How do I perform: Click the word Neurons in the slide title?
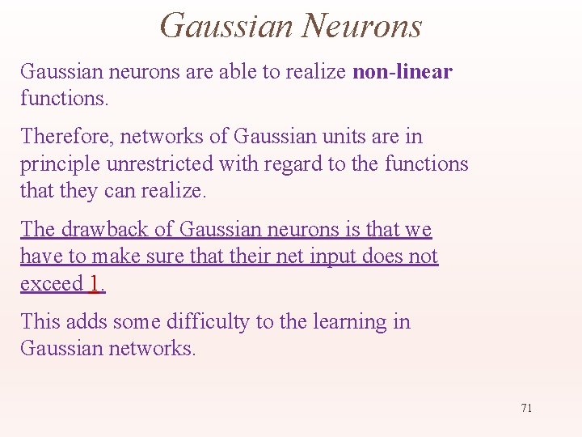tap(361, 26)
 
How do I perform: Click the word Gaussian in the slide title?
tap(226, 26)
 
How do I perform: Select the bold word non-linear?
tap(403, 71)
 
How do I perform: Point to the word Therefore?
tap(67, 136)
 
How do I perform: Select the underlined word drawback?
tap(103, 229)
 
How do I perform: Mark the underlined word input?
tap(344, 257)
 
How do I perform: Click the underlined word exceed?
tap(52, 283)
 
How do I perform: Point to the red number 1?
tap(95, 283)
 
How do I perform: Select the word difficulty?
tap(208, 321)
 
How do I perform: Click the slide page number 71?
tap(526, 408)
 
